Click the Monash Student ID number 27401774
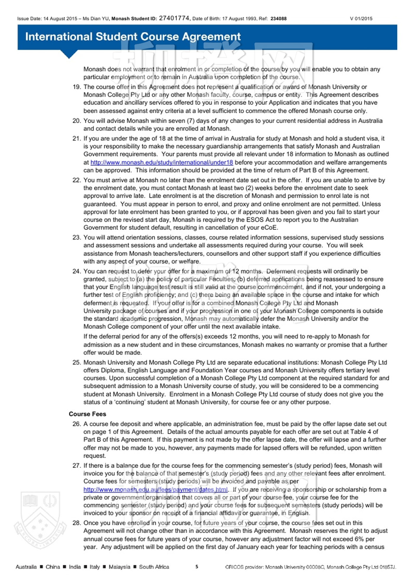click(x=174, y=18)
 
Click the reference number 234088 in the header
click(x=278, y=19)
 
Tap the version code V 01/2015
click(x=361, y=19)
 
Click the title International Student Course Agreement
click(x=133, y=37)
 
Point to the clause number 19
click(x=76, y=87)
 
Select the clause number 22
click(x=76, y=180)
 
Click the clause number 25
click(x=76, y=362)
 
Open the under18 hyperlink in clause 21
click(x=161, y=162)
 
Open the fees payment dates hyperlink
click(x=156, y=489)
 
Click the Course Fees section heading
click(x=87, y=414)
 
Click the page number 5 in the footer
click(x=197, y=566)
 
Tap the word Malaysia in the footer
click(x=119, y=567)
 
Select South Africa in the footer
click(x=154, y=567)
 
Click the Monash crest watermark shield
click(x=40, y=520)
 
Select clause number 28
click(x=76, y=523)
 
